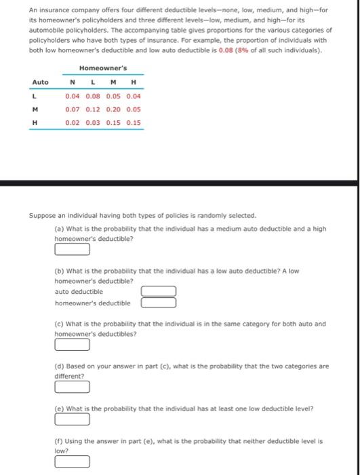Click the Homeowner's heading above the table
point(102,68)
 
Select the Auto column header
point(41,82)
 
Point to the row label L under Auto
point(33,96)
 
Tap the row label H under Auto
point(34,123)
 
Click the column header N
point(73,82)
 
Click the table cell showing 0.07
point(73,109)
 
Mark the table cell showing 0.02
point(73,123)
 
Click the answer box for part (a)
point(72,249)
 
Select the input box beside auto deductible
point(159,291)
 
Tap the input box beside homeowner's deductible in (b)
point(159,303)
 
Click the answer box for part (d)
point(72,387)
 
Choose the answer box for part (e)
point(72,419)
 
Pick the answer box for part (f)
point(72,462)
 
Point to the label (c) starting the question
point(59,324)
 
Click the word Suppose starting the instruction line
point(42,215)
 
